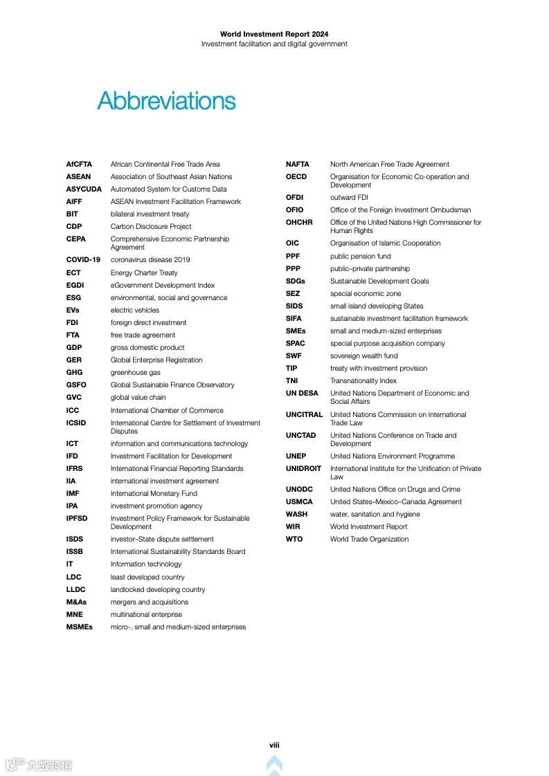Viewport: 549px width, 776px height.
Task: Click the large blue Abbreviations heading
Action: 166,101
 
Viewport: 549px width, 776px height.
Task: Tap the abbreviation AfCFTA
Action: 79,165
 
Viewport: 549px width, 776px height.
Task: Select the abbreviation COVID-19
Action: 83,260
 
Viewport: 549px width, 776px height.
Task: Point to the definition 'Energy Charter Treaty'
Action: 144,273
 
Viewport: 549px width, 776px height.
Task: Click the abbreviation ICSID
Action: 77,423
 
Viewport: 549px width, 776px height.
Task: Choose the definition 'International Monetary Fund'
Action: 154,494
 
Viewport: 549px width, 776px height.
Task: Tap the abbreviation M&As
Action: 76,602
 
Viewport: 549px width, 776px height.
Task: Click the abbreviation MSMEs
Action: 79,627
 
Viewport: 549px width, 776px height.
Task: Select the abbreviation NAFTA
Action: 298,165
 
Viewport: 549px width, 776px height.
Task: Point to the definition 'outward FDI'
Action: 349,198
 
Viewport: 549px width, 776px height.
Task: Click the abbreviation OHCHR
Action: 299,223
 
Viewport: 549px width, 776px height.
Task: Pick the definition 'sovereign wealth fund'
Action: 363,356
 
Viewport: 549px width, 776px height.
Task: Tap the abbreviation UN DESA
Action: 302,394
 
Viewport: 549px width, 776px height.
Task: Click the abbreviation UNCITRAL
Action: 304,415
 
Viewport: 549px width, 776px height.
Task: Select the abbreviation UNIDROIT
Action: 304,469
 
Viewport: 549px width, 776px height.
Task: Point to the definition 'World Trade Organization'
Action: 369,539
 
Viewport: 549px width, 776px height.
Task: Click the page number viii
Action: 274,745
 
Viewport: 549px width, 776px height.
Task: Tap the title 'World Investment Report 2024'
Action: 274,34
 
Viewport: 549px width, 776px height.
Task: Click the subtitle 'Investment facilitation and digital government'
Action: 274,44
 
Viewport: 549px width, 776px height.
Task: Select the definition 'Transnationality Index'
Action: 363,381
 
